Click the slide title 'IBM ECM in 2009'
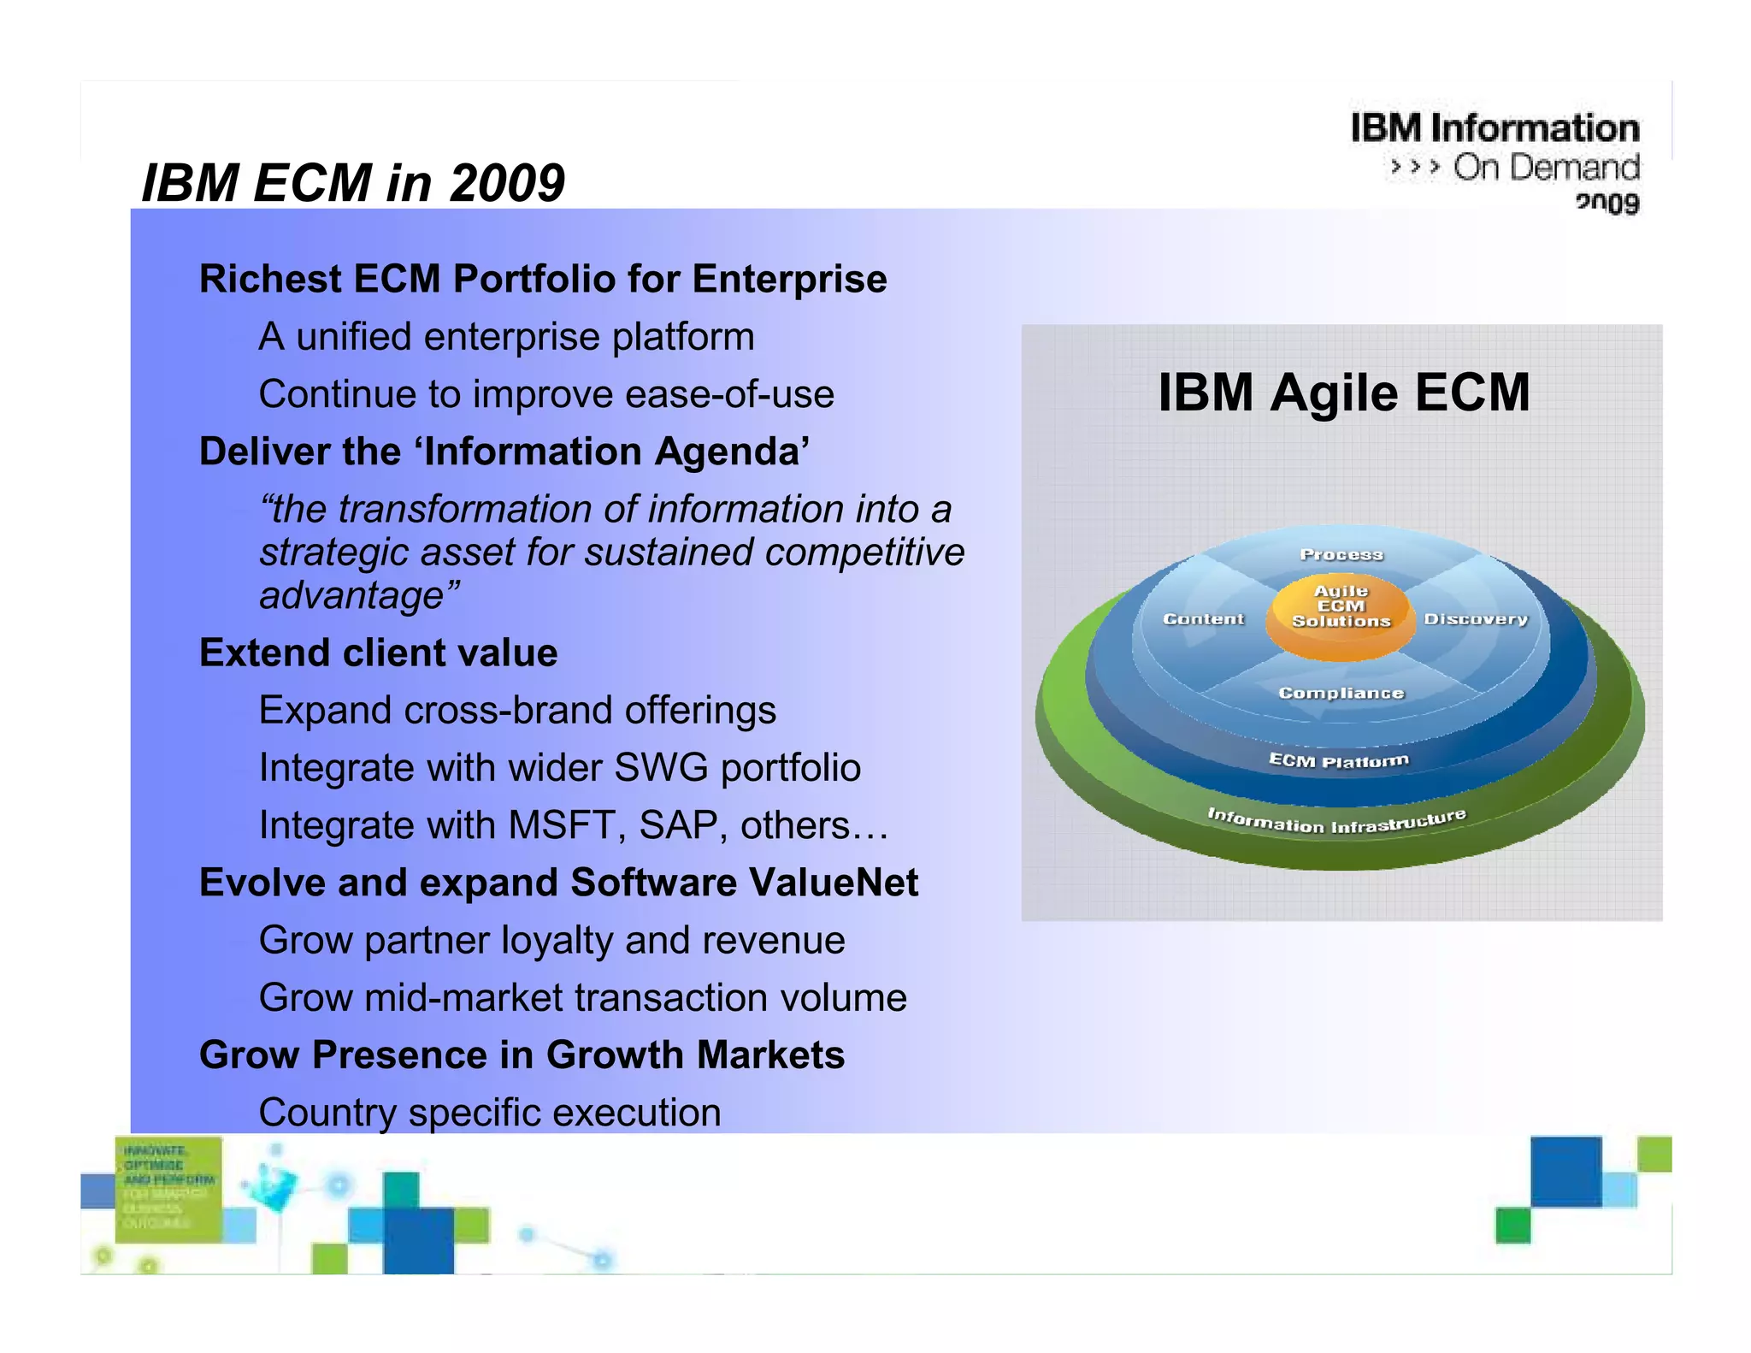tap(352, 183)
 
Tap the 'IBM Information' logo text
tap(1495, 128)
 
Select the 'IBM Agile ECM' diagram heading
tap(1343, 393)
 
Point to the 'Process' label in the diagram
tap(1341, 554)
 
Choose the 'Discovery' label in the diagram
tap(1475, 618)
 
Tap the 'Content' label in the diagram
tap(1203, 618)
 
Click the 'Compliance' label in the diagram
tap(1341, 693)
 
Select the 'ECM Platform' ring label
tap(1338, 760)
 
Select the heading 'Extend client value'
tap(378, 653)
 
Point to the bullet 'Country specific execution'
tap(489, 1113)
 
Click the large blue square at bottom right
tap(1565, 1171)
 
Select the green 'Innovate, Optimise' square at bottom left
tap(168, 1189)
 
